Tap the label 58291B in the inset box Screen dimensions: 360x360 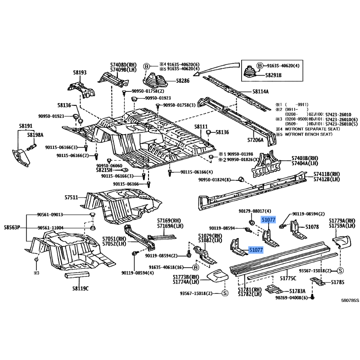274,76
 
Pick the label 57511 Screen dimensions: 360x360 71,198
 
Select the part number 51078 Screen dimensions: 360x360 312,227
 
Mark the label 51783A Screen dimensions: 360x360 297,291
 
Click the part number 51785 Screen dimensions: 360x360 337,283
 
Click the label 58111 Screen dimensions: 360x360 201,127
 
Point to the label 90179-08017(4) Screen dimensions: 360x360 255,211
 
